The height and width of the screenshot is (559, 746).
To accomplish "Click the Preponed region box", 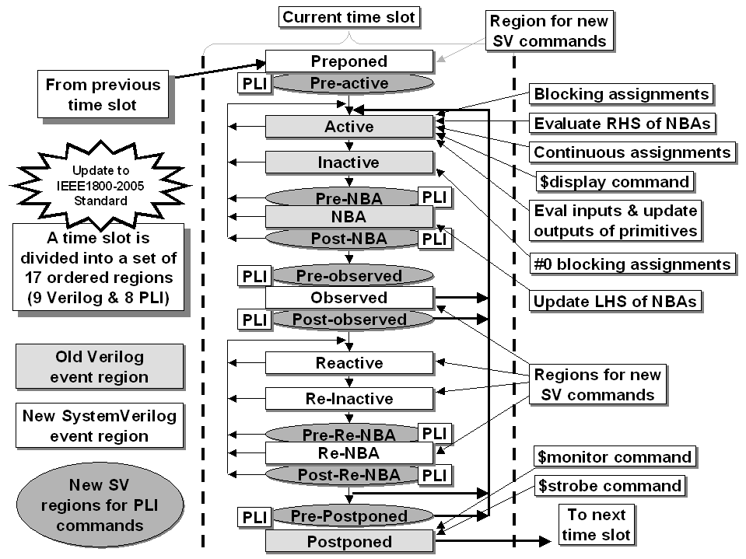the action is (349, 61).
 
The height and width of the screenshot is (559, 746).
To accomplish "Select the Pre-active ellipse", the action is (353, 83).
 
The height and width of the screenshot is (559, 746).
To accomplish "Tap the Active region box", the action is (349, 127).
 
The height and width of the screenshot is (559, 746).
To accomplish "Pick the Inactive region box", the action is (349, 162).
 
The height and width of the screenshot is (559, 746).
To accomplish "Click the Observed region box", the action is (349, 298).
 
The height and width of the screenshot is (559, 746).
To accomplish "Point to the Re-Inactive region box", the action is (349, 398).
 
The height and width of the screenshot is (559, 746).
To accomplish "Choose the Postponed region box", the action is (349, 541).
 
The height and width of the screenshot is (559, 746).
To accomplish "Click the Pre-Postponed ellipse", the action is (353, 516).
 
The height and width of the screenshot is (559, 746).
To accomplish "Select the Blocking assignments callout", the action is (622, 93).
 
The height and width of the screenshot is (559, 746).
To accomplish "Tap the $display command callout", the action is (615, 182).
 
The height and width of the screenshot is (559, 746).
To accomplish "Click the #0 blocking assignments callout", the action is (632, 264).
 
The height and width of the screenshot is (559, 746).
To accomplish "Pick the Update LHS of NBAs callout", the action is (615, 302).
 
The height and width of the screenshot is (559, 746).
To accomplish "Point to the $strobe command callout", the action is (609, 486).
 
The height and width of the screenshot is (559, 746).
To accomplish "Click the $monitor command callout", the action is (615, 457).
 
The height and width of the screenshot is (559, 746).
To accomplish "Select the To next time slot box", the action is (596, 524).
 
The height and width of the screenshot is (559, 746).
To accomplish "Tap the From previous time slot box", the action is (103, 94).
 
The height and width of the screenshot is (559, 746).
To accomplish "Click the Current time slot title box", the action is (348, 17).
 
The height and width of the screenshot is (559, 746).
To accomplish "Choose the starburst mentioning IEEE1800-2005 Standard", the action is (100, 185).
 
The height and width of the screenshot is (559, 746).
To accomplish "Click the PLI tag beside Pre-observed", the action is (254, 276).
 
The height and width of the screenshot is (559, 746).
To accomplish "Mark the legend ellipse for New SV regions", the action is (100, 505).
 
